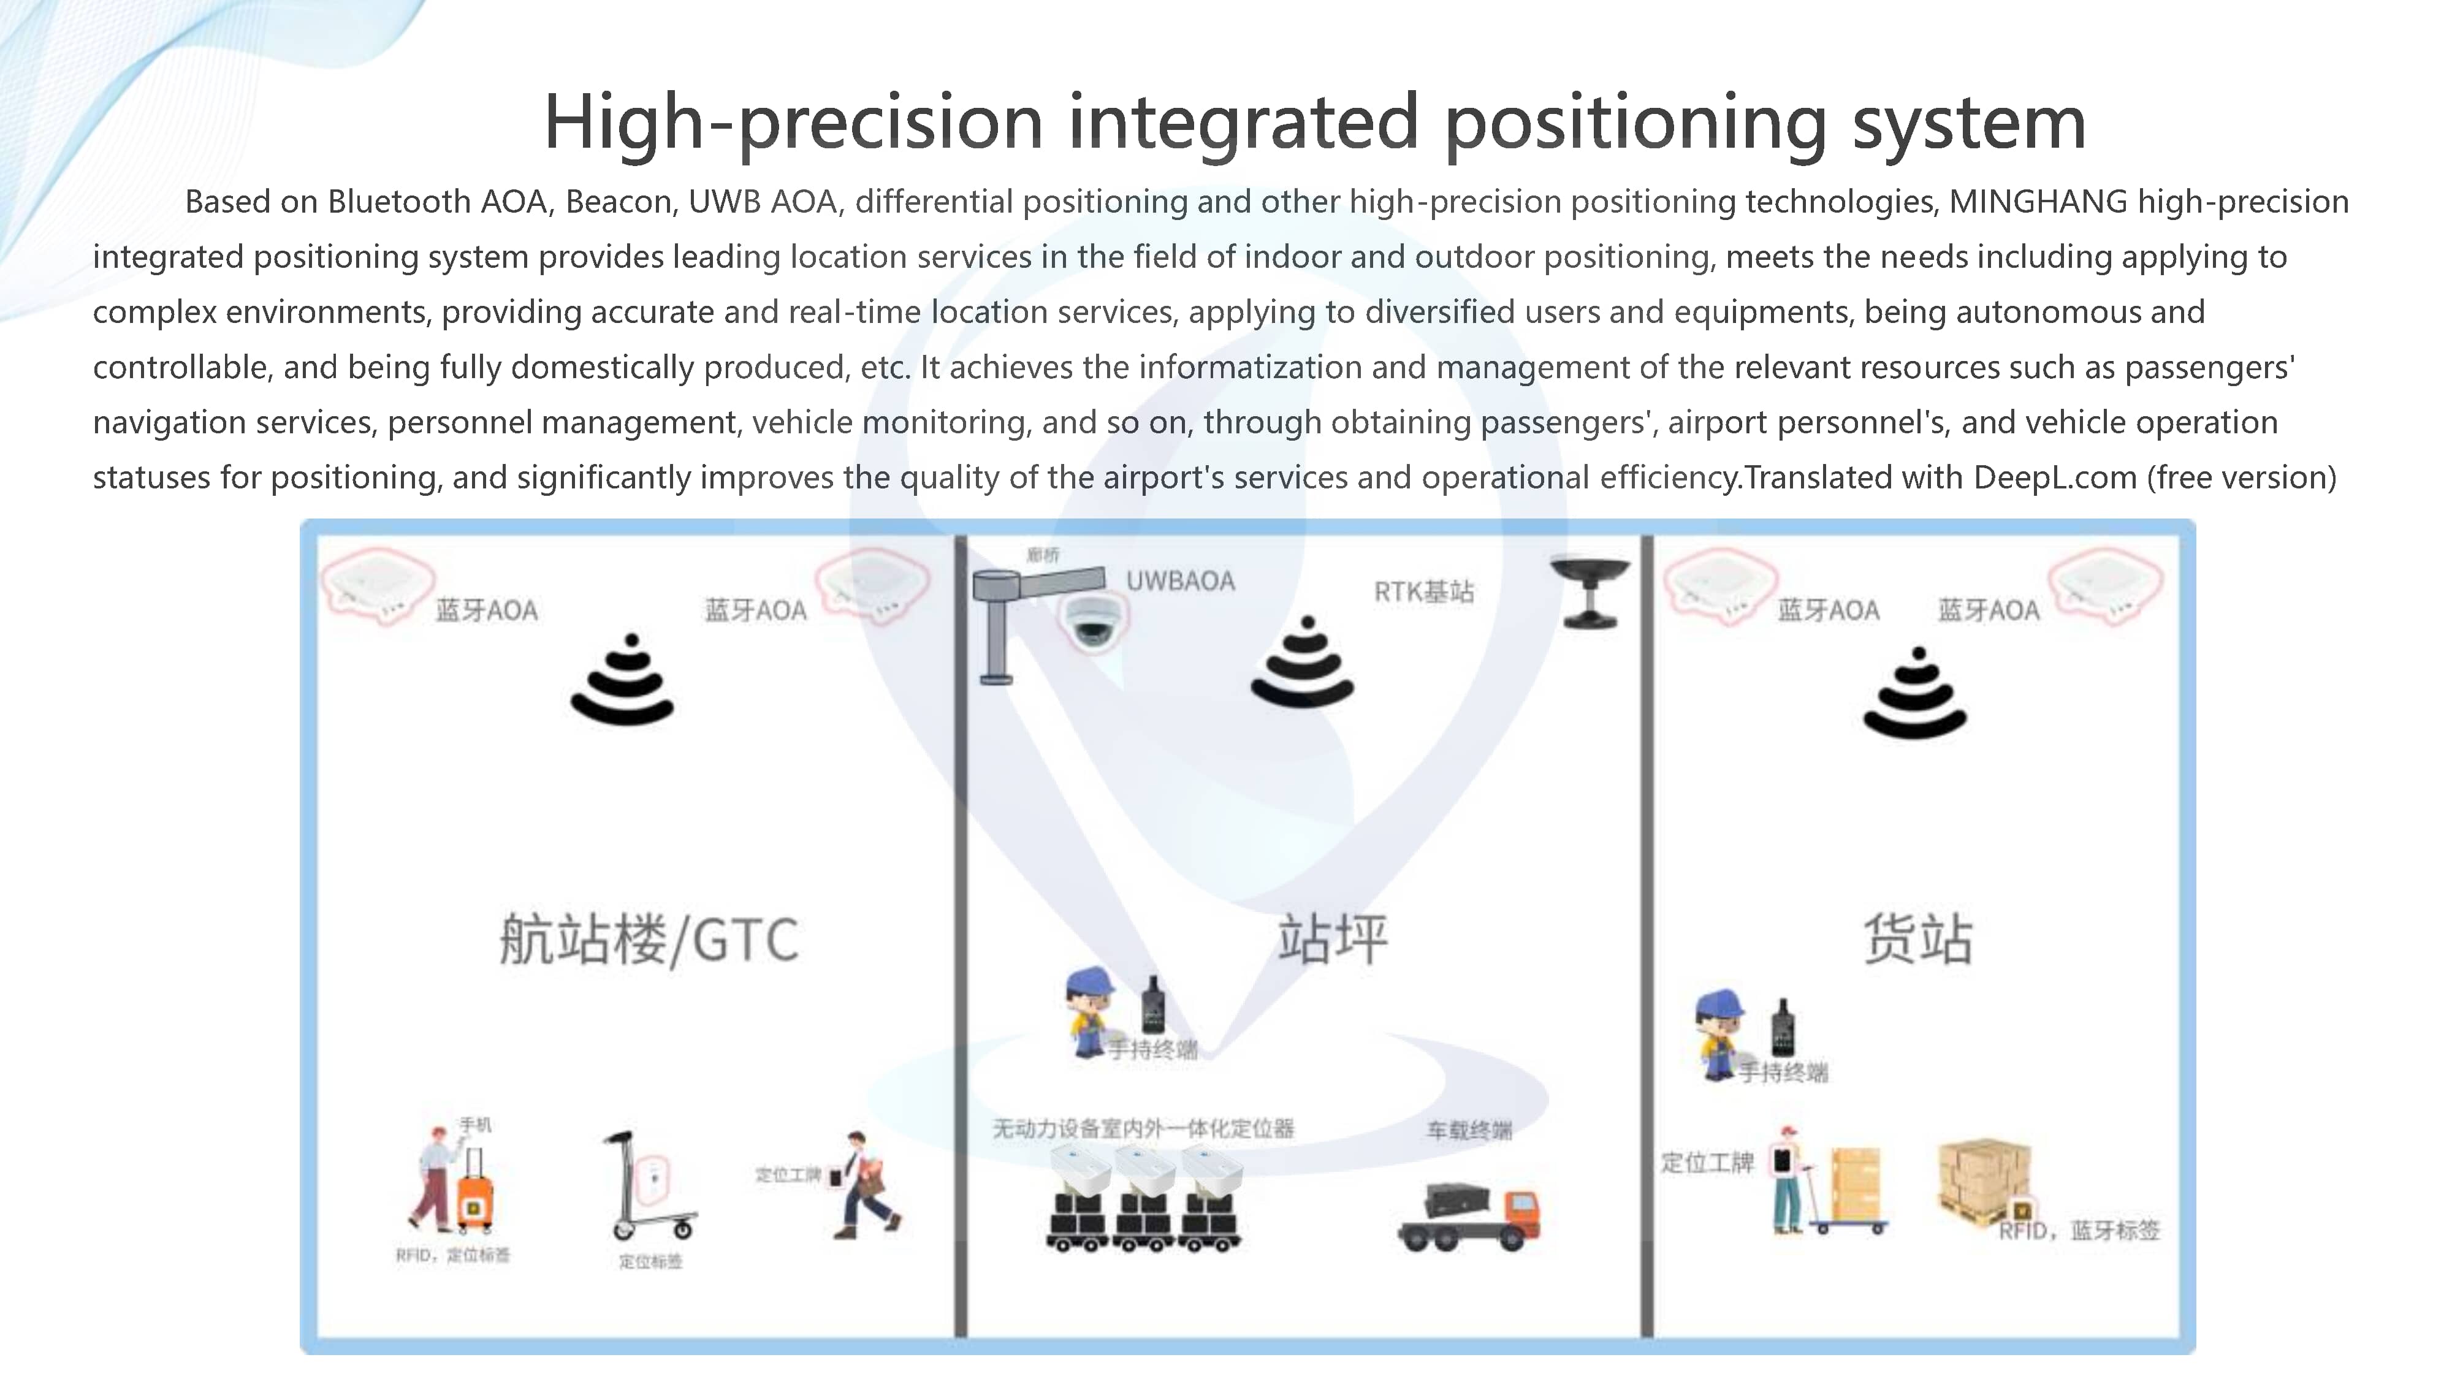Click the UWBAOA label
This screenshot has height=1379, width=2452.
click(1180, 580)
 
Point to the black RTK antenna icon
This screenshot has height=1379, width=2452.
click(1589, 590)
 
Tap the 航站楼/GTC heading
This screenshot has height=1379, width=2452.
click(649, 940)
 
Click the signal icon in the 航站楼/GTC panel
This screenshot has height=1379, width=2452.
click(623, 680)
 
